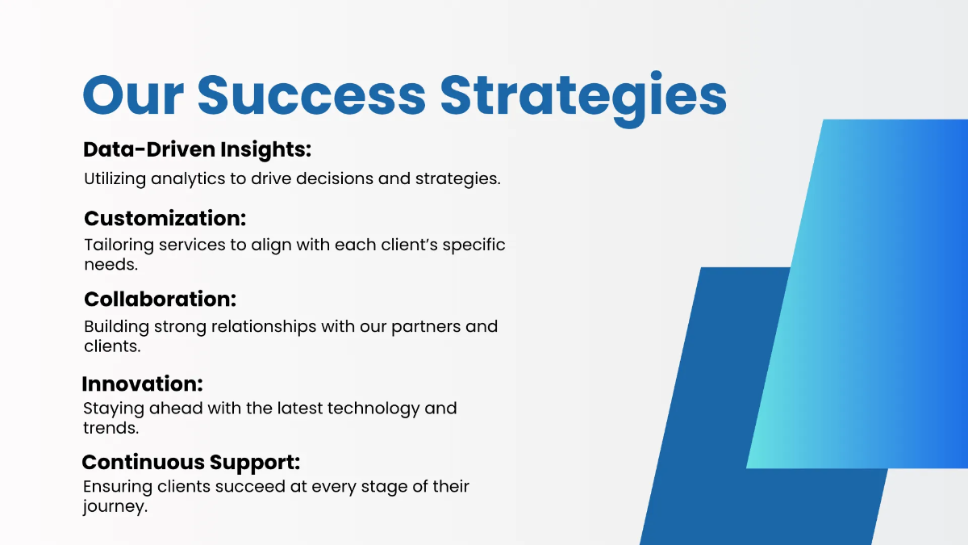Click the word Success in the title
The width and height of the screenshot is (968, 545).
(x=311, y=95)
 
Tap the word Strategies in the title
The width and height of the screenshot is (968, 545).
(x=582, y=95)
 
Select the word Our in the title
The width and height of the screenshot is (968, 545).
(x=134, y=95)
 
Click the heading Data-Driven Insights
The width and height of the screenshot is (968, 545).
(x=197, y=149)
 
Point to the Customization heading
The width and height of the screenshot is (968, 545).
(x=165, y=218)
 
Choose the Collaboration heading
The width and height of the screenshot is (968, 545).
(x=160, y=299)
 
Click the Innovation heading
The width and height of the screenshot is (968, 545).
(x=142, y=384)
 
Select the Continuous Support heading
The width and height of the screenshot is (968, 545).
(x=190, y=462)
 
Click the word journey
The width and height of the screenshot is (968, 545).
(x=115, y=508)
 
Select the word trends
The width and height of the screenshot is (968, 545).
(x=111, y=428)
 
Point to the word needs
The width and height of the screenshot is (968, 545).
(x=111, y=264)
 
